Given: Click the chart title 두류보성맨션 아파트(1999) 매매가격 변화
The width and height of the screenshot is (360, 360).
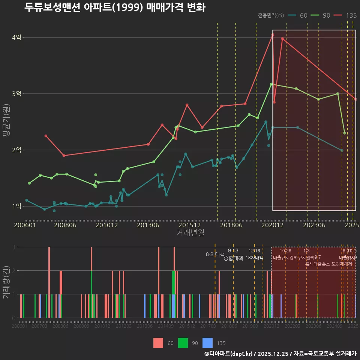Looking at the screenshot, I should click(x=115, y=7).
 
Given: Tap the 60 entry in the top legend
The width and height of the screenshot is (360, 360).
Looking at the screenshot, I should click(x=298, y=15).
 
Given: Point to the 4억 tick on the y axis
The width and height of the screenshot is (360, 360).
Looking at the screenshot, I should click(x=17, y=37).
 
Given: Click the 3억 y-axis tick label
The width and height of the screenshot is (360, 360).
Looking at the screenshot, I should click(x=17, y=94).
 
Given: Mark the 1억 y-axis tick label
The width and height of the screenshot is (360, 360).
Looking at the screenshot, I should click(x=17, y=206).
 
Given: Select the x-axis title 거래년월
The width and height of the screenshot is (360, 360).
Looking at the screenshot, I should click(x=190, y=233).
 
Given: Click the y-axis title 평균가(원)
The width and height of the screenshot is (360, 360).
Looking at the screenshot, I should click(x=6, y=124).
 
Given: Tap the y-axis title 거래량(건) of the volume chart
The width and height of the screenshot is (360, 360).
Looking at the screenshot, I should click(x=6, y=282).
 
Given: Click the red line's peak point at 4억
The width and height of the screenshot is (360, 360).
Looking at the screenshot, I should click(x=273, y=34).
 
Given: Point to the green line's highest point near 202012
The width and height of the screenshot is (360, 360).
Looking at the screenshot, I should click(x=271, y=84).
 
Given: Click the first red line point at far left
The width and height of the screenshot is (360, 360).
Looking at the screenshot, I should click(x=46, y=136).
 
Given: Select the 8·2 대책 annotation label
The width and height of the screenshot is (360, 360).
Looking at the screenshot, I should click(x=215, y=254).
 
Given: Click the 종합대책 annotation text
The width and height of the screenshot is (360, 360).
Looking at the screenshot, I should click(x=233, y=258).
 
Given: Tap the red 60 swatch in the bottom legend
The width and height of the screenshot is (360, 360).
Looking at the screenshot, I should click(x=158, y=343).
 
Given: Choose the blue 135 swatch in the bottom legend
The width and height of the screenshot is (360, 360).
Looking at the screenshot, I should click(x=207, y=343).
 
